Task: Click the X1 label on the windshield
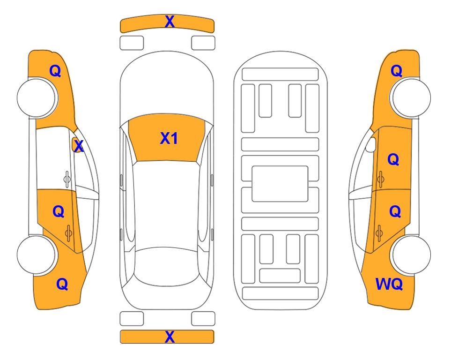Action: pos(169,138)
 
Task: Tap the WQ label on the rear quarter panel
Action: pos(389,284)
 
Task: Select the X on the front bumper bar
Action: pos(170,22)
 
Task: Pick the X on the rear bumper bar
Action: pos(170,337)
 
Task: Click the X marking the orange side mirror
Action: pos(78,146)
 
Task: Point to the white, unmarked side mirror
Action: pos(371,145)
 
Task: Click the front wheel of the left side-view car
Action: pos(37,97)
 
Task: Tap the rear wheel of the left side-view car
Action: pos(37,255)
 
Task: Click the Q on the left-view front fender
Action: pos(55,71)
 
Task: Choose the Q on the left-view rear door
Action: pos(59,212)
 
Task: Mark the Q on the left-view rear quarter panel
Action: pos(62,284)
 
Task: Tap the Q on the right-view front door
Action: pos(393,159)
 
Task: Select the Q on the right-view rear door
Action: pos(395,212)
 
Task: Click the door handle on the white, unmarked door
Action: pos(67,180)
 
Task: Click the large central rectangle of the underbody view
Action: pos(280,184)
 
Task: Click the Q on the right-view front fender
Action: pos(396,71)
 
